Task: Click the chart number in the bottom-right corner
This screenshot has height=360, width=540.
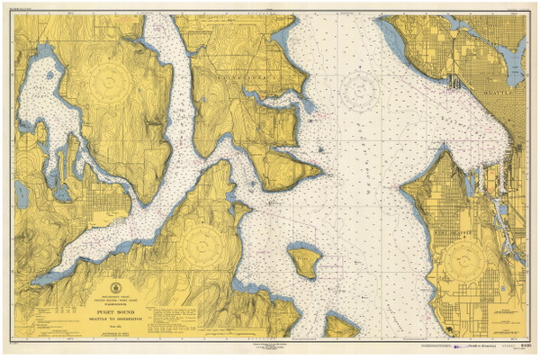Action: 522,344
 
